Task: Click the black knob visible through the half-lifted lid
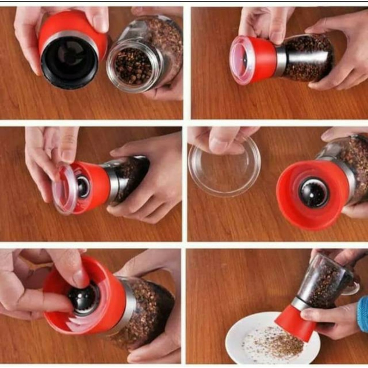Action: tap(83, 186)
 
